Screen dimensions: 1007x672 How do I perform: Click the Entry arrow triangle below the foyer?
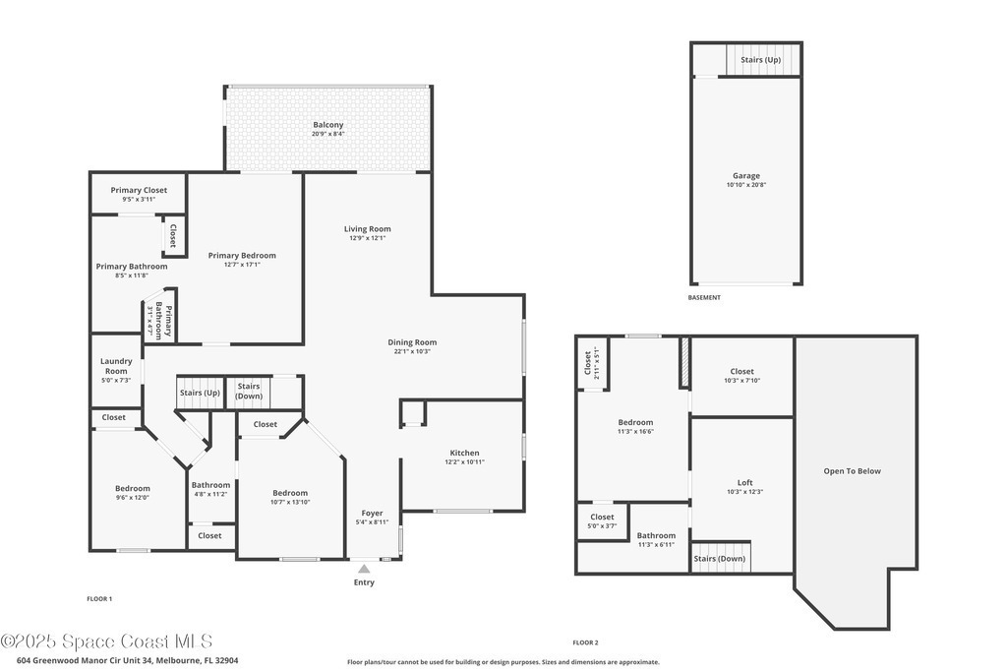tap(364, 569)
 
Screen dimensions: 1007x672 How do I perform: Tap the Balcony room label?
tap(328, 125)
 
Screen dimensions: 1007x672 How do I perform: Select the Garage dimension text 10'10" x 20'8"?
tap(746, 185)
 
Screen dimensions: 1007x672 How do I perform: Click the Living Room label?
tap(368, 228)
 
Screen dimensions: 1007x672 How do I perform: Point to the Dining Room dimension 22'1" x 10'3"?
tap(412, 351)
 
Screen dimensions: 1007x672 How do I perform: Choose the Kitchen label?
tap(464, 453)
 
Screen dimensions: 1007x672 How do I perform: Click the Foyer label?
tap(372, 514)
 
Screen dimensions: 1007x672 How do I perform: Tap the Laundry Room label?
tap(116, 366)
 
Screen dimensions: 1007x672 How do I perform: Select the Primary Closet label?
tap(139, 190)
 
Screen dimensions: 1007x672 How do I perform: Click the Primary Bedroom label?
tap(242, 256)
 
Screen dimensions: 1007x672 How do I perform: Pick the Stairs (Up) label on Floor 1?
tap(200, 393)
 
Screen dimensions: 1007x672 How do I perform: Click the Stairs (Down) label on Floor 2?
tap(719, 559)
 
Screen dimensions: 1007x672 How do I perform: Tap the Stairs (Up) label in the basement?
tap(760, 60)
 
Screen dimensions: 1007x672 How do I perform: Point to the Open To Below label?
tap(853, 471)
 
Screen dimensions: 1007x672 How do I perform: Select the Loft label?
tap(745, 482)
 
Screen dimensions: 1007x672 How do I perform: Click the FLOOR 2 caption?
tap(586, 642)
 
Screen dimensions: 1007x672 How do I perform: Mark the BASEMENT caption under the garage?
tap(704, 297)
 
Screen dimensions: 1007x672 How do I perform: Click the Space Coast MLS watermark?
tap(106, 641)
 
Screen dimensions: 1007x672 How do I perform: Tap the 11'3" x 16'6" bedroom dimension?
tap(636, 432)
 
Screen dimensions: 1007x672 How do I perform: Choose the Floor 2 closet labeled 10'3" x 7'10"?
tap(741, 375)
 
